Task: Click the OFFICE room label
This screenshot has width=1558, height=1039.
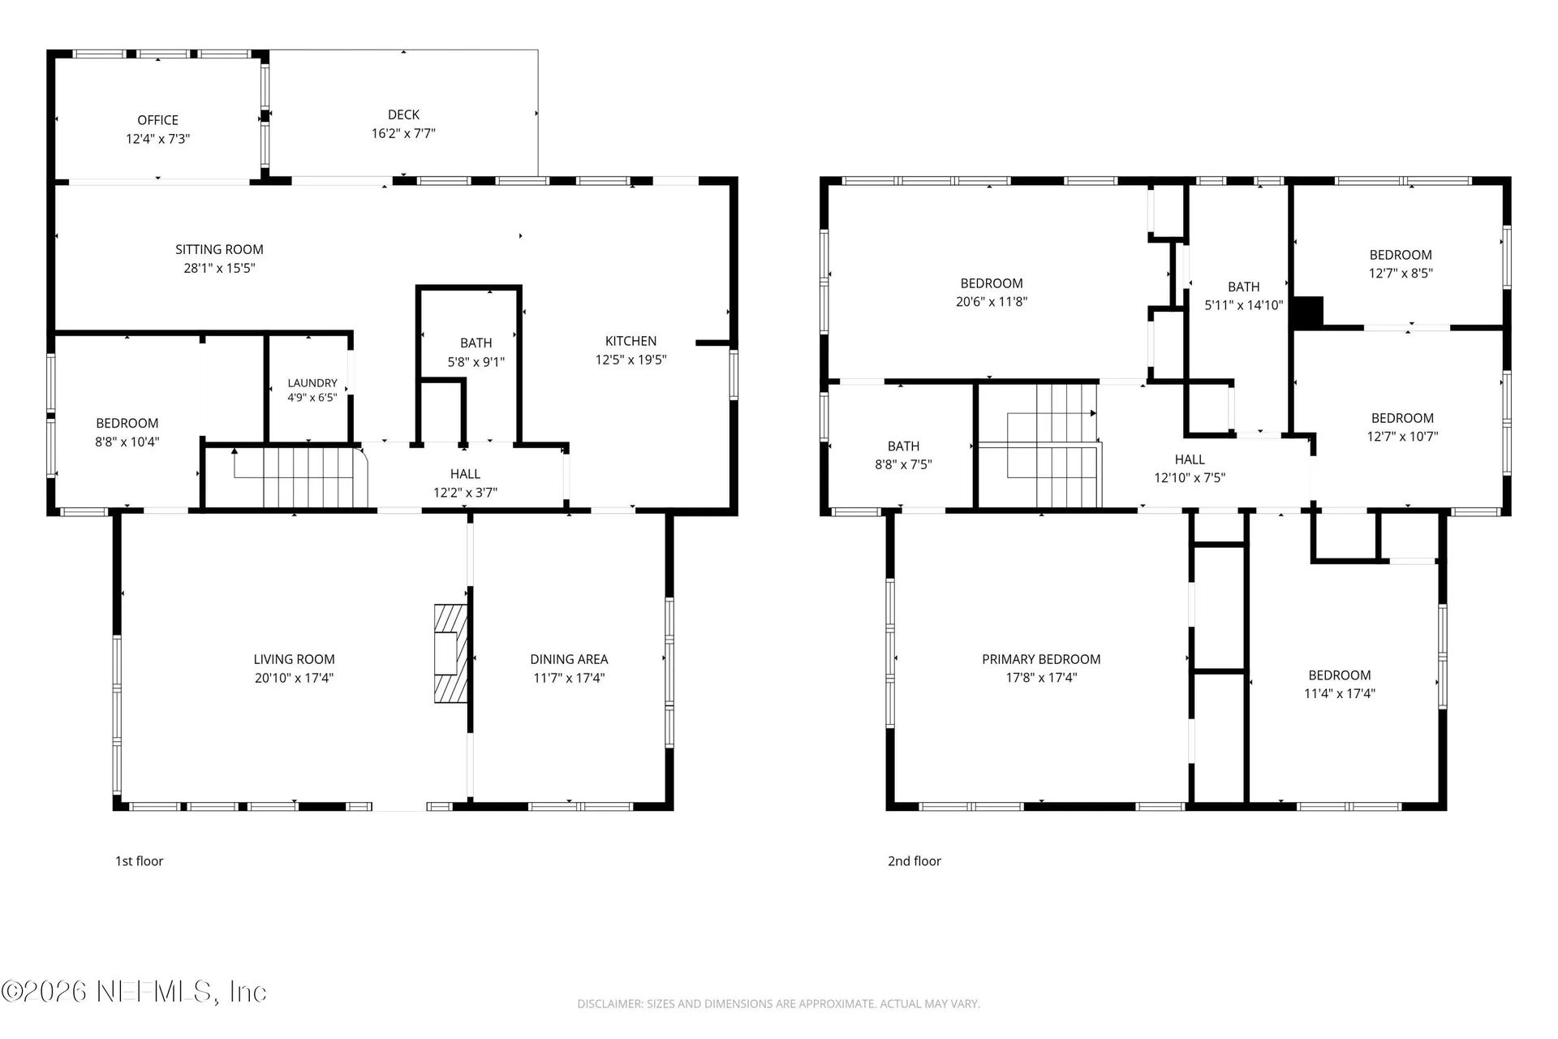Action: (157, 120)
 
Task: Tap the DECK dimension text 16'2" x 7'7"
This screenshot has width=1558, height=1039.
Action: (403, 133)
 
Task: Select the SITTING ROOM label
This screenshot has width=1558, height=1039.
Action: (219, 249)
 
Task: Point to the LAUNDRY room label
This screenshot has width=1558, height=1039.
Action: (312, 383)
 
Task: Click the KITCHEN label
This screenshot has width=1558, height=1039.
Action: (631, 341)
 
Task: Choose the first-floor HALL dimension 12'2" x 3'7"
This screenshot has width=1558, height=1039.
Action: (465, 492)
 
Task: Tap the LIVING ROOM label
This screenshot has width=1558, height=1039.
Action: (294, 659)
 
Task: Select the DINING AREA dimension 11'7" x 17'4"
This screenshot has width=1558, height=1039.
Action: (569, 678)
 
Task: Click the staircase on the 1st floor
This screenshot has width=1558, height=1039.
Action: (300, 477)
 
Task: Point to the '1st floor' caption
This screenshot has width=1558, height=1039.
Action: (139, 861)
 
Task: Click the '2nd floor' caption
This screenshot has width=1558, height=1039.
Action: (915, 861)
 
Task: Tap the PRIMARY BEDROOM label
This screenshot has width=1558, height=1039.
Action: (1041, 659)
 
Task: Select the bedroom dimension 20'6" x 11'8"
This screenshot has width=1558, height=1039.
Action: (992, 301)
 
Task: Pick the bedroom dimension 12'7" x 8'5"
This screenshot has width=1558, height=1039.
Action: (1401, 274)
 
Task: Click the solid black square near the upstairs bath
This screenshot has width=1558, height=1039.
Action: (1307, 313)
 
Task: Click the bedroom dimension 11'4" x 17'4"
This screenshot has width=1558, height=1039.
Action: (1340, 693)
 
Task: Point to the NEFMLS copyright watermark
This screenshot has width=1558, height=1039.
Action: (134, 992)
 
